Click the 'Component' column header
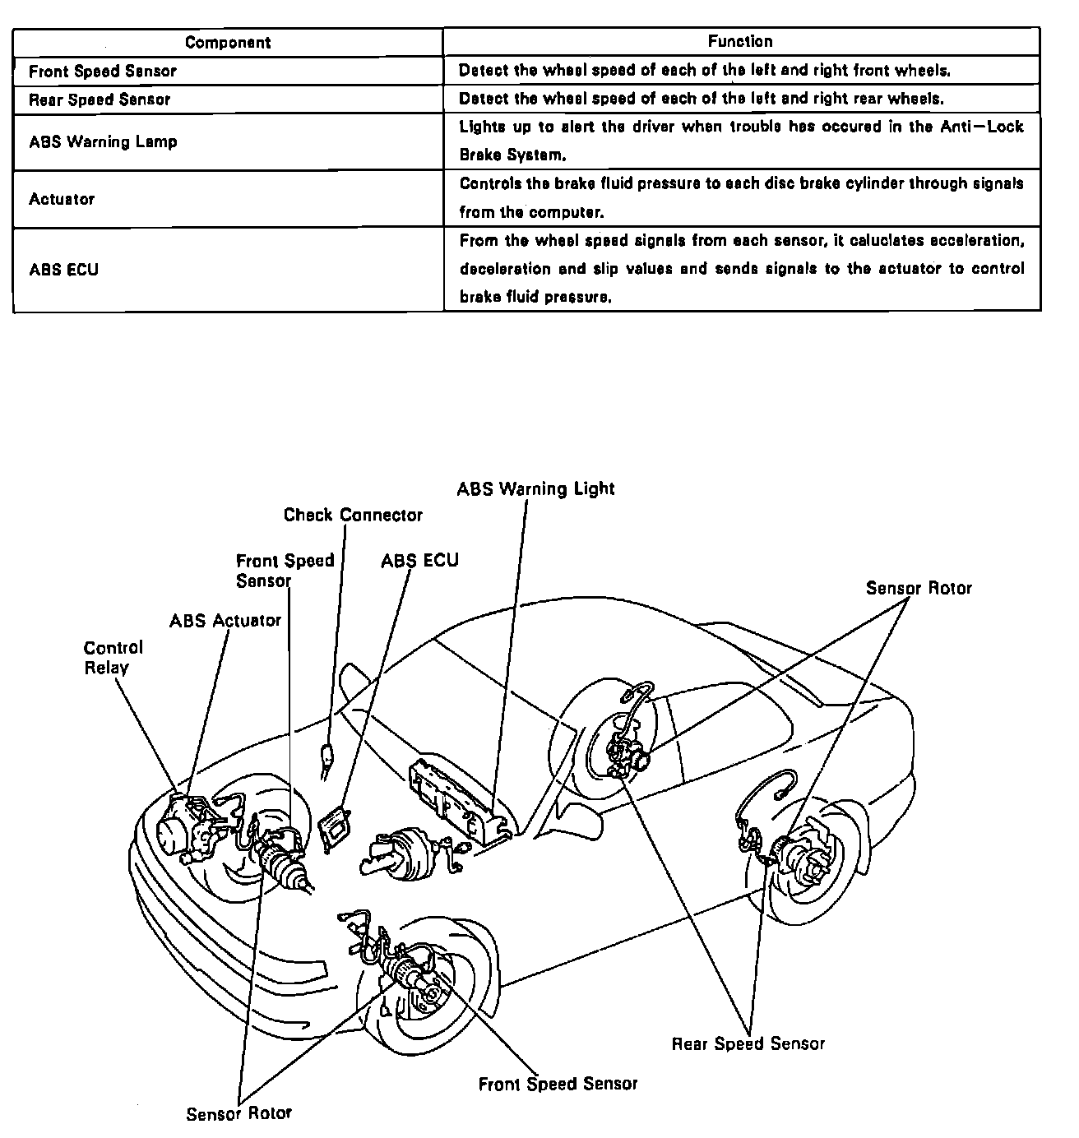pyautogui.click(x=228, y=42)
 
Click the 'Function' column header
pyautogui.click(x=740, y=41)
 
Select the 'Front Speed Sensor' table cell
pyautogui.click(x=103, y=71)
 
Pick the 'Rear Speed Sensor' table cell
pyautogui.click(x=100, y=99)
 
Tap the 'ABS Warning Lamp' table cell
pyautogui.click(x=103, y=141)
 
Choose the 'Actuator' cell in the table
pyautogui.click(x=62, y=199)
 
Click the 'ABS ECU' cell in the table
pyautogui.click(x=63, y=269)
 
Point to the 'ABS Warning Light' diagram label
pyautogui.click(x=535, y=488)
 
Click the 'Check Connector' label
pyautogui.click(x=353, y=516)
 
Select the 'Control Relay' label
pyautogui.click(x=113, y=658)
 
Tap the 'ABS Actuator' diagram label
pyautogui.click(x=225, y=620)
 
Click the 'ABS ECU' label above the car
pyautogui.click(x=419, y=561)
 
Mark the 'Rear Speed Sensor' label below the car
pyautogui.click(x=748, y=1044)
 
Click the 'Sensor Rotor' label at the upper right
pyautogui.click(x=919, y=588)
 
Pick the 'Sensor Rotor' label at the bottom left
pyautogui.click(x=238, y=1114)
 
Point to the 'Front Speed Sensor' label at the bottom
pyautogui.click(x=558, y=1084)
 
